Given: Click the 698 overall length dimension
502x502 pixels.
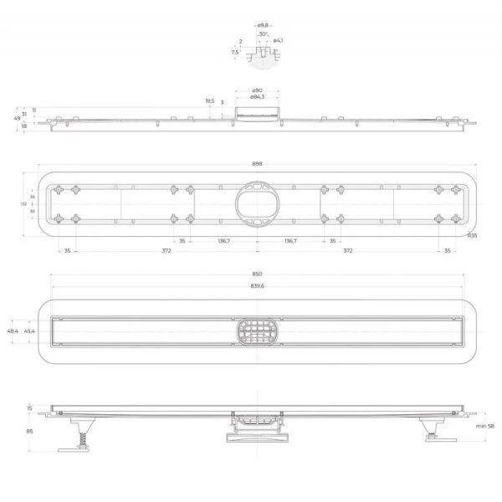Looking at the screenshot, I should [x=257, y=164].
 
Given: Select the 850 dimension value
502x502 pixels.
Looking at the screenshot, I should [x=257, y=274].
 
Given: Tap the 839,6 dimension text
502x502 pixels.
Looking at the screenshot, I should [x=257, y=286].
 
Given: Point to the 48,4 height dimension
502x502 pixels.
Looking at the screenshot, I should [x=13, y=331].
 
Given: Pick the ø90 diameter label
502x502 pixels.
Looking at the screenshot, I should [x=258, y=90].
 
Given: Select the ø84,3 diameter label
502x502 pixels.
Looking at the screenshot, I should [x=257, y=97].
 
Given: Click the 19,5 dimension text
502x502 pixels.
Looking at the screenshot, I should [x=209, y=100].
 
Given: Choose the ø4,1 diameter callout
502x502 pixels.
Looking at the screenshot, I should [x=278, y=40].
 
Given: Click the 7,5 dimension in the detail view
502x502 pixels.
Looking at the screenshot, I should [x=235, y=51].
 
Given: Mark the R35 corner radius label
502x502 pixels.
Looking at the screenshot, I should [x=473, y=236].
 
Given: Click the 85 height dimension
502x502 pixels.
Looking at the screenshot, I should [x=29, y=432].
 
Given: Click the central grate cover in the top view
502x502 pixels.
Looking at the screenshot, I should [x=257, y=331].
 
